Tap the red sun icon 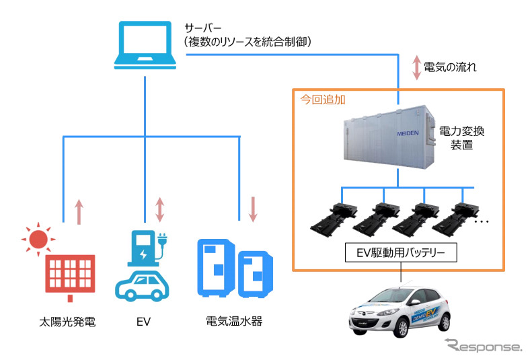[x=38, y=238]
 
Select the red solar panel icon [x=70, y=276]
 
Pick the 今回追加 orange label [x=321, y=99]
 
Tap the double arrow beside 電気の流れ [x=417, y=67]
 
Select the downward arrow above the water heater [x=253, y=209]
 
